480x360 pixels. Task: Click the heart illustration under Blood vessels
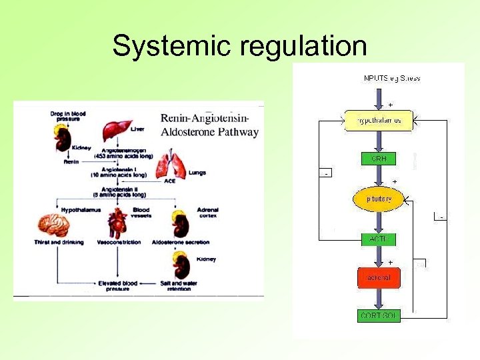(x=118, y=223)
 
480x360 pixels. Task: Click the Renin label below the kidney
(x=71, y=161)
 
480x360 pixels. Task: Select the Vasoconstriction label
(x=118, y=242)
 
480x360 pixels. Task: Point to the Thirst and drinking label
(x=59, y=242)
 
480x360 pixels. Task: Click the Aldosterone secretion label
(x=179, y=242)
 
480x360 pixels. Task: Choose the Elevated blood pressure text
(x=117, y=285)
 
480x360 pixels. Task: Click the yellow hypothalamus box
(x=379, y=121)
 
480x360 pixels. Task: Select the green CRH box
(x=379, y=159)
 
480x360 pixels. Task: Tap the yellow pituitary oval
(x=378, y=199)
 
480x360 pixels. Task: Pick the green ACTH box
(x=378, y=239)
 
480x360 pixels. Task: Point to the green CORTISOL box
(x=379, y=316)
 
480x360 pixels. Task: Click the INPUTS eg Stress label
(x=392, y=78)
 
